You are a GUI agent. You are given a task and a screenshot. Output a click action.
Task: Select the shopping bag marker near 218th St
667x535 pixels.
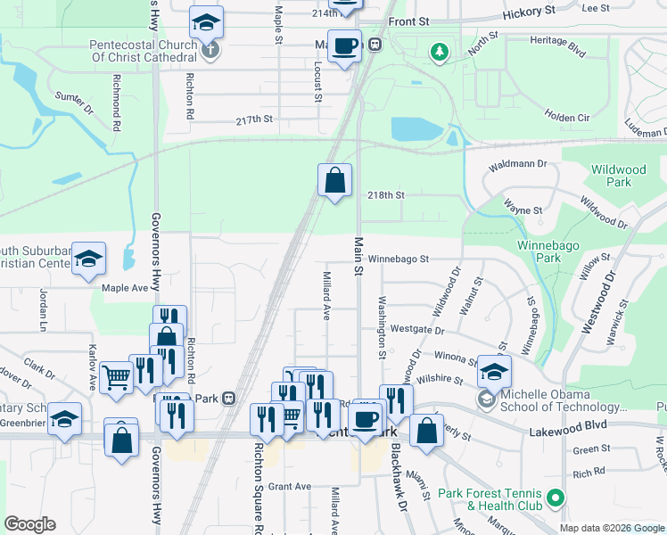tap(334, 180)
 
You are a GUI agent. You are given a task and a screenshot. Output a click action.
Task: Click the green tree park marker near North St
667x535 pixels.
tap(438, 53)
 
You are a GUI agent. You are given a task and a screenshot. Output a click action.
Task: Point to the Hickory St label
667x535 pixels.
tap(528, 8)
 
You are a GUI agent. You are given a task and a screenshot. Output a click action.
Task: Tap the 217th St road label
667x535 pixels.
tap(253, 119)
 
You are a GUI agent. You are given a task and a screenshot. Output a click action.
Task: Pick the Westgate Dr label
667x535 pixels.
tap(416, 330)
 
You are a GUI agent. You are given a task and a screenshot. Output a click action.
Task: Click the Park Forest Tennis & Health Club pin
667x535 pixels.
tap(556, 497)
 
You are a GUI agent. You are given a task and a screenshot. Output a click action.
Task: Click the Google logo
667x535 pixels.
tap(30, 524)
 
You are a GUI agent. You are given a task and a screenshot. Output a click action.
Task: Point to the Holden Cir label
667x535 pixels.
tap(567, 116)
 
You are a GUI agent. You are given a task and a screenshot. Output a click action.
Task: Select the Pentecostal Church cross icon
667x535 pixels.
tap(210, 49)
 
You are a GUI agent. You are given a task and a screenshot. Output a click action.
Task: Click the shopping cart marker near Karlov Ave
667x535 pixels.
tap(117, 378)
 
